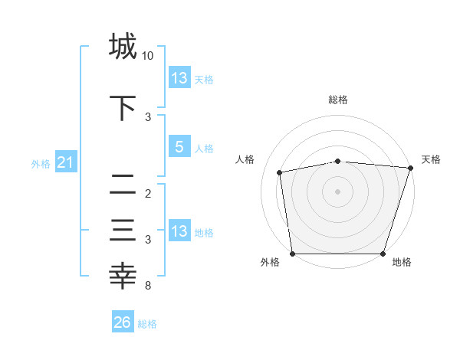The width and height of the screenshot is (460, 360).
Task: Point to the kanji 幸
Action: pos(123,275)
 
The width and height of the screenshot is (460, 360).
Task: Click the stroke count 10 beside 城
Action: pos(148,56)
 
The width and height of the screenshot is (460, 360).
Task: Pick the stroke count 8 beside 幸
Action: pos(148,286)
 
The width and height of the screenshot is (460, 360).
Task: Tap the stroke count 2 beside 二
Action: pos(148,193)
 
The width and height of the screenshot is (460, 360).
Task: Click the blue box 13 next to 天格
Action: pos(179,78)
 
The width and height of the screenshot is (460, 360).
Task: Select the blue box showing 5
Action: pos(179,148)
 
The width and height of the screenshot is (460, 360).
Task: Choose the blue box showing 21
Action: pos(65,163)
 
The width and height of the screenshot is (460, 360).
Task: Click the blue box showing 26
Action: pos(122,322)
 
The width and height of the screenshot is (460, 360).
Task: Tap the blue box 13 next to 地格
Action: pos(179,231)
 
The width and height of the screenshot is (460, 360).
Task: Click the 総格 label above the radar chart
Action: pos(338,100)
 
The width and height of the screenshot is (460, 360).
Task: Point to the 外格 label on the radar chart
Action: pos(270,263)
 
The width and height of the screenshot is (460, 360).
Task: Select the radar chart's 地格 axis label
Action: pos(402,263)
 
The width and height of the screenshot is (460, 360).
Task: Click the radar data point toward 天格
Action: pos(410,168)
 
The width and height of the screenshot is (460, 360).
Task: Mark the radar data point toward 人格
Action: pos(281,172)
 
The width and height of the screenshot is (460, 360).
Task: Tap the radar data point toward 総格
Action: pos(338,161)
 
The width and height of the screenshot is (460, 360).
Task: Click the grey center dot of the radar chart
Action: pos(338,191)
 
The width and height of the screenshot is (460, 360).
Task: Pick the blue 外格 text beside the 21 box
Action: pos(41,164)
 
